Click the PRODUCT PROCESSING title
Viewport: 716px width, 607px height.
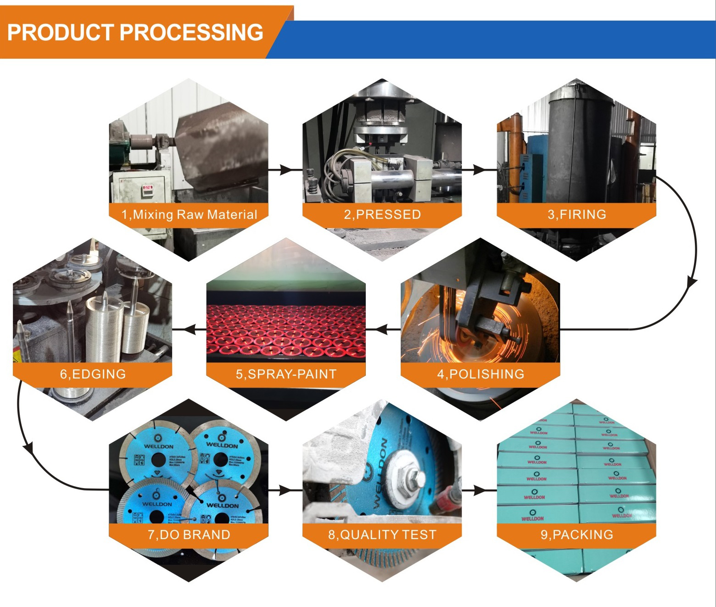coord(135,33)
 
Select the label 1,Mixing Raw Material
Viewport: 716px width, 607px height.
coord(189,214)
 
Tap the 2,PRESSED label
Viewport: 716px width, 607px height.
coord(382,214)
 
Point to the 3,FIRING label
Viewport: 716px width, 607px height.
coord(576,214)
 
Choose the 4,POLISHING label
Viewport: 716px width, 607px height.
coord(480,374)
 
